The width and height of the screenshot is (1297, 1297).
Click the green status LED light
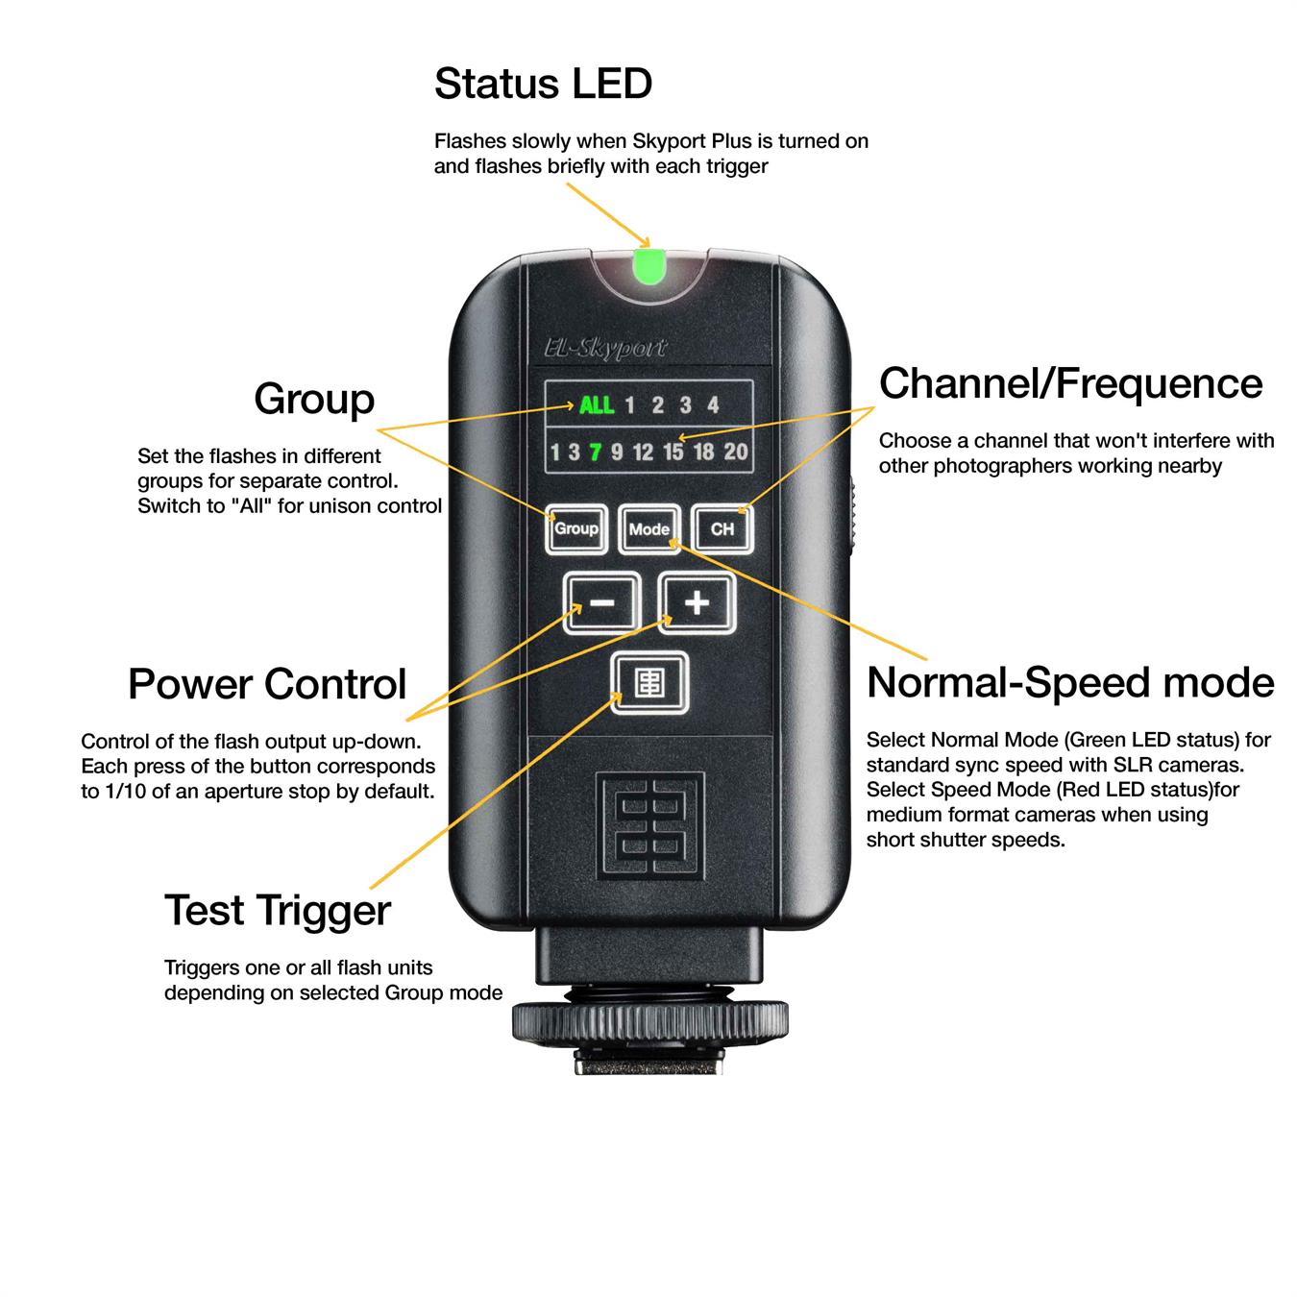pos(648,266)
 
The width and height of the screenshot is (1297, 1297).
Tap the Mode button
pos(648,529)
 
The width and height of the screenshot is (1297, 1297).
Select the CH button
pos(722,529)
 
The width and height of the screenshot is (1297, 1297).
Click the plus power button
pos(697,602)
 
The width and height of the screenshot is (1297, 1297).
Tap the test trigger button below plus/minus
pos(649,682)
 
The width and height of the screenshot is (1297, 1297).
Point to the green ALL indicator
pos(597,405)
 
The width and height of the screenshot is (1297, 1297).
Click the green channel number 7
pos(595,452)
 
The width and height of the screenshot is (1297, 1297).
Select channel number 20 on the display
pos(736,452)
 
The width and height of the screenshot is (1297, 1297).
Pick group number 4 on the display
pos(713,405)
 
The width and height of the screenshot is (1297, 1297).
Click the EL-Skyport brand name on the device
pos(606,348)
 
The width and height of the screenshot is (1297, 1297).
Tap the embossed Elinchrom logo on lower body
pos(650,826)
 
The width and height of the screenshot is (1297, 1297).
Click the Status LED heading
pos(543,84)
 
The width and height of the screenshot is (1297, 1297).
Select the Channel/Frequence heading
pos(1071,384)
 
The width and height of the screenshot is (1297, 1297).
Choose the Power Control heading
pos(267,684)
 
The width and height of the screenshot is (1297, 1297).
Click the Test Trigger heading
pos(278,912)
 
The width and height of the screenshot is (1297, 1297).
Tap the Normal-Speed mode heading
pos(1070,683)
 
